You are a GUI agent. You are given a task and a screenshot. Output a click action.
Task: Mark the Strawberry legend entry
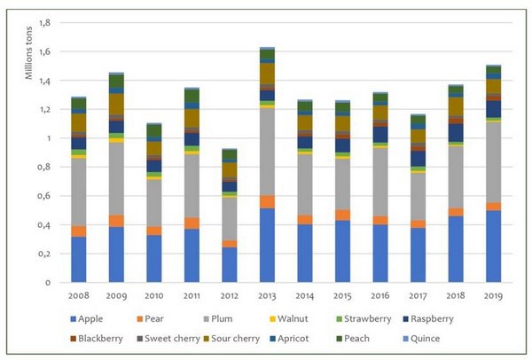point(387,317)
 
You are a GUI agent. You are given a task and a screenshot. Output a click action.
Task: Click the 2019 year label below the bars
point(493,294)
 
